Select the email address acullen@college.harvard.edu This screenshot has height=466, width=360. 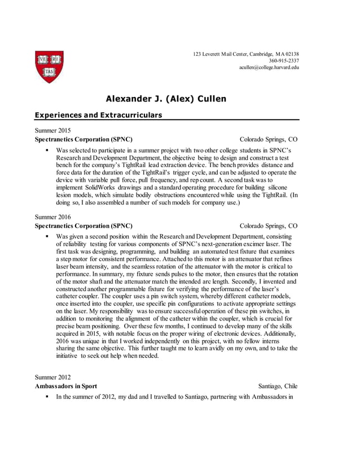269,67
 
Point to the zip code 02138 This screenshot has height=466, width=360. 291,54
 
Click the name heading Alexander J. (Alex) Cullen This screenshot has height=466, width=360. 166,99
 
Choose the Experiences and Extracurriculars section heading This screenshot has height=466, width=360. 98,115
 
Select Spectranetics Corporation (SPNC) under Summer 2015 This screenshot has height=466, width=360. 84,139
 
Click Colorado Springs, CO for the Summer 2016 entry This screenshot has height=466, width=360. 268,226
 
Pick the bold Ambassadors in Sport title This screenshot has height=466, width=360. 65,386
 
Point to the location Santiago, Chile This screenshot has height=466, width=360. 278,386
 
